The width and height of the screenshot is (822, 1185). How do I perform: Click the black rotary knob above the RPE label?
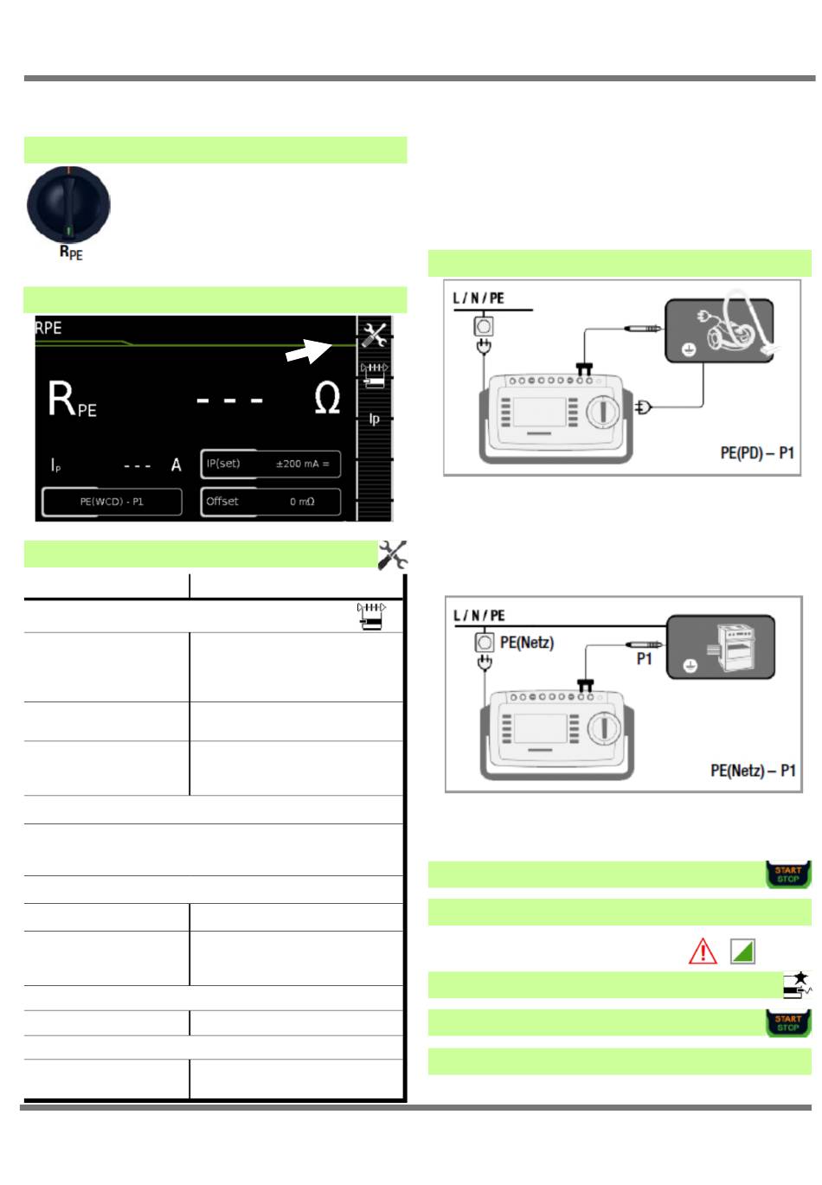(68, 203)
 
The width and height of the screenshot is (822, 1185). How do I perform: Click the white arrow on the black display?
(308, 350)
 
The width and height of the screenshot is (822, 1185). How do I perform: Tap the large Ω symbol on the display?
(326, 398)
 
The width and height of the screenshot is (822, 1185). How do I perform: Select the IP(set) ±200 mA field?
(270, 464)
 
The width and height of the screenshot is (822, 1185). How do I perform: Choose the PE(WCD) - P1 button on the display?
(112, 501)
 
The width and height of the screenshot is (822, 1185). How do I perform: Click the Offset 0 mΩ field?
(270, 501)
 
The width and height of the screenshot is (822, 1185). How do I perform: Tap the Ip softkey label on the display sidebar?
(374, 419)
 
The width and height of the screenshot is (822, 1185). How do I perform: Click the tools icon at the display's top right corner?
(374, 335)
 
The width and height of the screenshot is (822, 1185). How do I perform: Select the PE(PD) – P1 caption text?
(756, 453)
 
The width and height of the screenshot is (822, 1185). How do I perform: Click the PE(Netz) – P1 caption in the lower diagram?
(752, 770)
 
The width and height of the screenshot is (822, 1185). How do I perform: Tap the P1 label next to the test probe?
(644, 658)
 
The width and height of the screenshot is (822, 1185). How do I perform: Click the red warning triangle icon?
(702, 951)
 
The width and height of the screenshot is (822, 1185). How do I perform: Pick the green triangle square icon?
(742, 951)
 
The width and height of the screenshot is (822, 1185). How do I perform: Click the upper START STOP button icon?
(787, 874)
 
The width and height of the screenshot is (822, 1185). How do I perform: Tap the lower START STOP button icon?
(787, 1023)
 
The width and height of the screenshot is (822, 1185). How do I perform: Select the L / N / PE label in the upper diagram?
(478, 298)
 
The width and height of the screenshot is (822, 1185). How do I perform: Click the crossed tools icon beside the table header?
(392, 555)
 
